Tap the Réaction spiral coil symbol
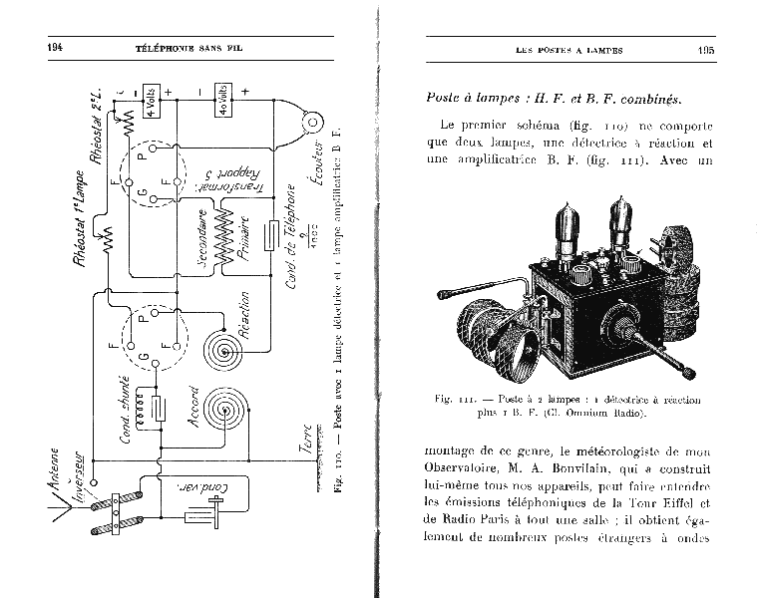point(222,352)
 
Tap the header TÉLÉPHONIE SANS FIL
point(187,49)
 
